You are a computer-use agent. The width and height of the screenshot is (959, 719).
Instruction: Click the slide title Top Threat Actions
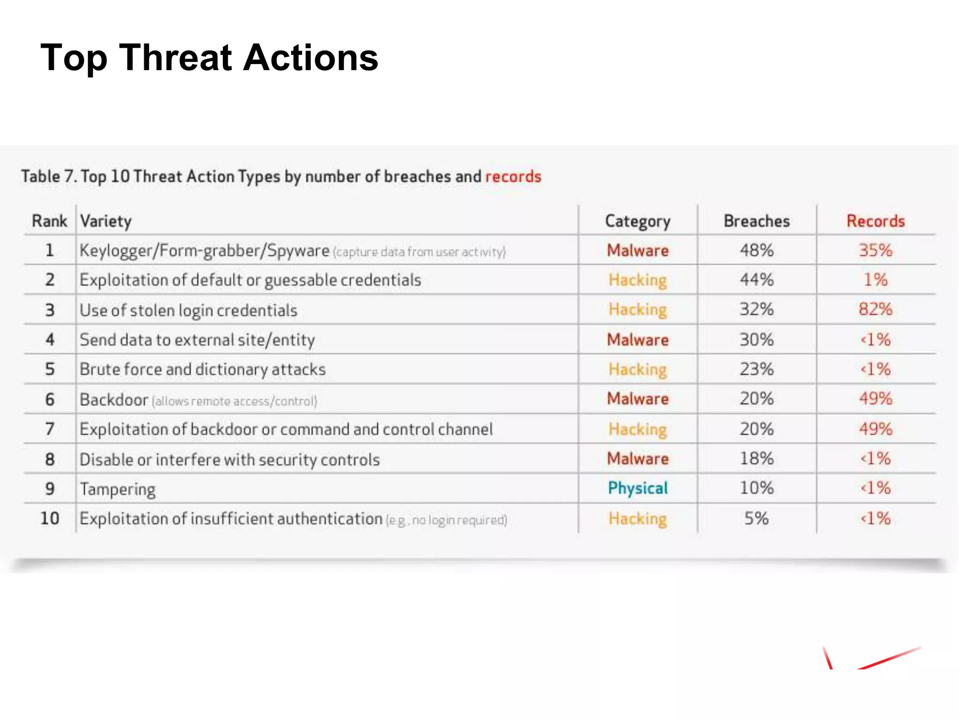coord(209,58)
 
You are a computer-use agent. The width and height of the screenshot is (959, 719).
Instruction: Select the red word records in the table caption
coord(513,176)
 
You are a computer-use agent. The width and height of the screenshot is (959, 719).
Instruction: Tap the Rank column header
coord(49,221)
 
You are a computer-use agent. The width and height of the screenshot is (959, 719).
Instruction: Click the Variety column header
coord(106,221)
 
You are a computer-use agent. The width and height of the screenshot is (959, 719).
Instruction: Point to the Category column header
coord(637,221)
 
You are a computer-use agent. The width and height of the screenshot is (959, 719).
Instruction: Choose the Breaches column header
coord(756,221)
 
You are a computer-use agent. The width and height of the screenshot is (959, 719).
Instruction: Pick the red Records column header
coord(875,221)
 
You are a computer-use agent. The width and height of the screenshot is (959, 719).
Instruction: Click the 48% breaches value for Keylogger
coord(756,250)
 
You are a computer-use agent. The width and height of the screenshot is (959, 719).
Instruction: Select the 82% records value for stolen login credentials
coord(875,309)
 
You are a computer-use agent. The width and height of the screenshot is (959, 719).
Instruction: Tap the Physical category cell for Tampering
coord(637,488)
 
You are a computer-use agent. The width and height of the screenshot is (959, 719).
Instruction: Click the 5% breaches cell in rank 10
coord(756,518)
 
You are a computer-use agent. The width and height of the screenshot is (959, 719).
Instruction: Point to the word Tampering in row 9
coord(118,489)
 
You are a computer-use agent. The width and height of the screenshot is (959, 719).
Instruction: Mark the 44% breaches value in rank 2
coord(756,280)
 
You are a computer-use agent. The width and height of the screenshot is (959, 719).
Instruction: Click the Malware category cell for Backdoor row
coord(637,399)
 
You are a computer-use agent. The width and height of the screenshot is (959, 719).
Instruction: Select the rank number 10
coord(50,518)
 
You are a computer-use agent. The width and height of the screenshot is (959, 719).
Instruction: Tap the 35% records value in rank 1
coord(875,250)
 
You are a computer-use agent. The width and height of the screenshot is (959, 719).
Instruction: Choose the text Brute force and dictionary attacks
coord(202,369)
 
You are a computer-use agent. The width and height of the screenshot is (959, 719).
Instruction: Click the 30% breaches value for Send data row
coord(756,339)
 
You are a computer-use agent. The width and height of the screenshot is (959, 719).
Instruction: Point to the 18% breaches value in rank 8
coord(756,459)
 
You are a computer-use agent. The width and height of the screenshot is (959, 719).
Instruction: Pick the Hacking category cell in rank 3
coord(637,309)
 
